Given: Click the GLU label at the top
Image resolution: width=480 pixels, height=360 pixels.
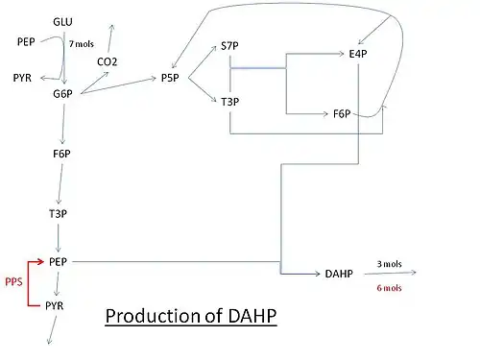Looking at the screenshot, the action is click(62, 22).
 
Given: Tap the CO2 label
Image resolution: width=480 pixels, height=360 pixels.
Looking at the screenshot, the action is click(107, 61).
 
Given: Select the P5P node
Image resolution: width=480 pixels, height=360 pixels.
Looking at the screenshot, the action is click(170, 78).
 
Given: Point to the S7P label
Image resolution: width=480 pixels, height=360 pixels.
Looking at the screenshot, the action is click(229, 46).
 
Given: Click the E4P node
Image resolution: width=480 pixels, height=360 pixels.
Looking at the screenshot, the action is click(358, 54).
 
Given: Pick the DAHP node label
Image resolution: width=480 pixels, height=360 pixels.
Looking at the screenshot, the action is click(339, 274).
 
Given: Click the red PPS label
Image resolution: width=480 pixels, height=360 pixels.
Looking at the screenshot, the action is click(13, 281).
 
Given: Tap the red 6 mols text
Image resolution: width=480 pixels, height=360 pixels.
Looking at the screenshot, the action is click(389, 288).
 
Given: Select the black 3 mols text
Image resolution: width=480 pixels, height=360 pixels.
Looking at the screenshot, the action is click(389, 264).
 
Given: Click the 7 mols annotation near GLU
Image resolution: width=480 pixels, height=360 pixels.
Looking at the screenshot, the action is click(82, 44).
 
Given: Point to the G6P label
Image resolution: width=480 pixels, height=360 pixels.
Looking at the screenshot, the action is click(62, 94).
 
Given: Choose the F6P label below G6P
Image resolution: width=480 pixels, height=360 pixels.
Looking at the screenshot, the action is click(61, 154).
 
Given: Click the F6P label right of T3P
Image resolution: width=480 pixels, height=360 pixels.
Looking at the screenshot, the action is click(342, 113).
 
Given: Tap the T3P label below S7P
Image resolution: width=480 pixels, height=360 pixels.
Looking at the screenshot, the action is click(229, 102).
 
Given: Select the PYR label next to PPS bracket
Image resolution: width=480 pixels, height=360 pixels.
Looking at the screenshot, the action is click(55, 305).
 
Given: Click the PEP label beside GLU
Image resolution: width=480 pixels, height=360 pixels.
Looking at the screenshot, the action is click(26, 41).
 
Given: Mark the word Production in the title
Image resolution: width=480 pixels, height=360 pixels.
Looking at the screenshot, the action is click(154, 316).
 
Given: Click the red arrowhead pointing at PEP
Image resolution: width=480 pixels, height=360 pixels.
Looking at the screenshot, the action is click(40, 262).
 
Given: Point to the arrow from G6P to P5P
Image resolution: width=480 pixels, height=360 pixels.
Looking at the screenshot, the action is click(118, 85).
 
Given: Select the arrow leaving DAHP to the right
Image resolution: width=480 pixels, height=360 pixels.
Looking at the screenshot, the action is click(390, 273).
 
